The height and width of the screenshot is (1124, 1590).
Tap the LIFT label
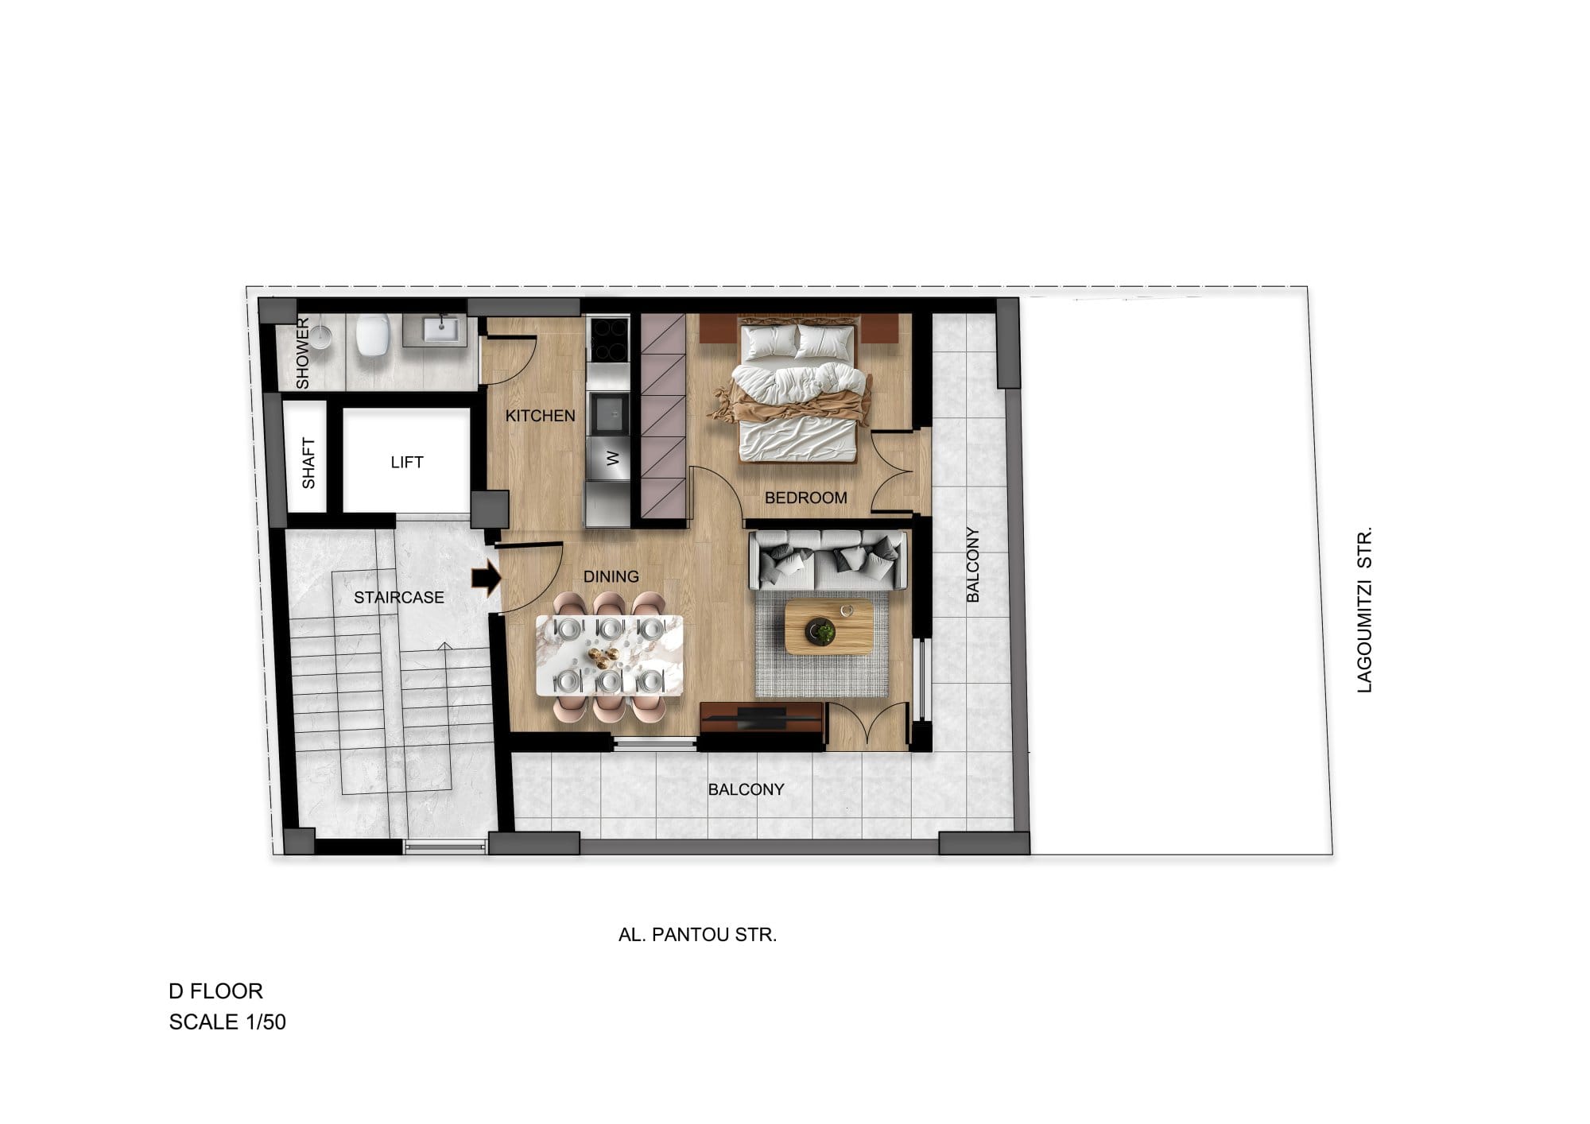[407, 462]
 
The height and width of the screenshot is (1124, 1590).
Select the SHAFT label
[308, 463]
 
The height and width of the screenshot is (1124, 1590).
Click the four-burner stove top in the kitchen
[609, 340]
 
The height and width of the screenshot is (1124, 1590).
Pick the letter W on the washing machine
[612, 459]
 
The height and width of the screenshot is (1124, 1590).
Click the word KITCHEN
[541, 416]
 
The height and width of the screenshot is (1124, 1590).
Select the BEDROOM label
[806, 498]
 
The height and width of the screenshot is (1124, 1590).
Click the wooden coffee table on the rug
[829, 626]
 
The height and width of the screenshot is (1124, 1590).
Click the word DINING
[611, 576]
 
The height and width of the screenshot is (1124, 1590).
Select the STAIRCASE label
[399, 597]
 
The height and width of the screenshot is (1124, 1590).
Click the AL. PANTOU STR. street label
[698, 935]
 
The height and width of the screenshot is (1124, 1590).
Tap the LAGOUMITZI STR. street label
[1365, 610]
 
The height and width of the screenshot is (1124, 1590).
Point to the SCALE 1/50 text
[227, 1021]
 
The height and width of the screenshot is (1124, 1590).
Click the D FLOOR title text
[215, 991]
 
